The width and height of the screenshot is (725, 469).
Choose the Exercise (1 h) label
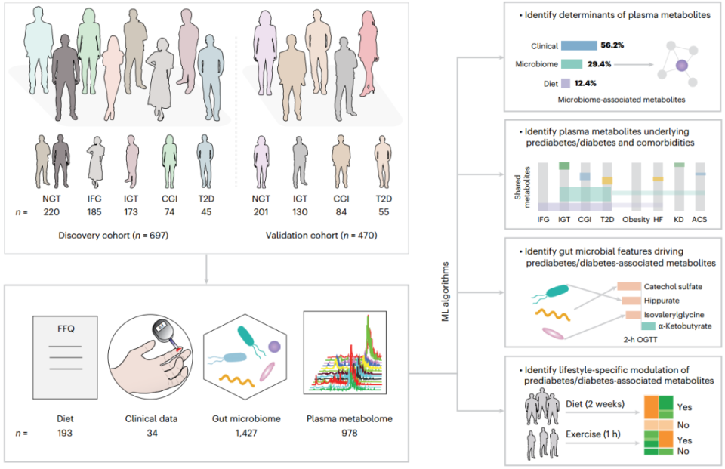click(593, 435)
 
